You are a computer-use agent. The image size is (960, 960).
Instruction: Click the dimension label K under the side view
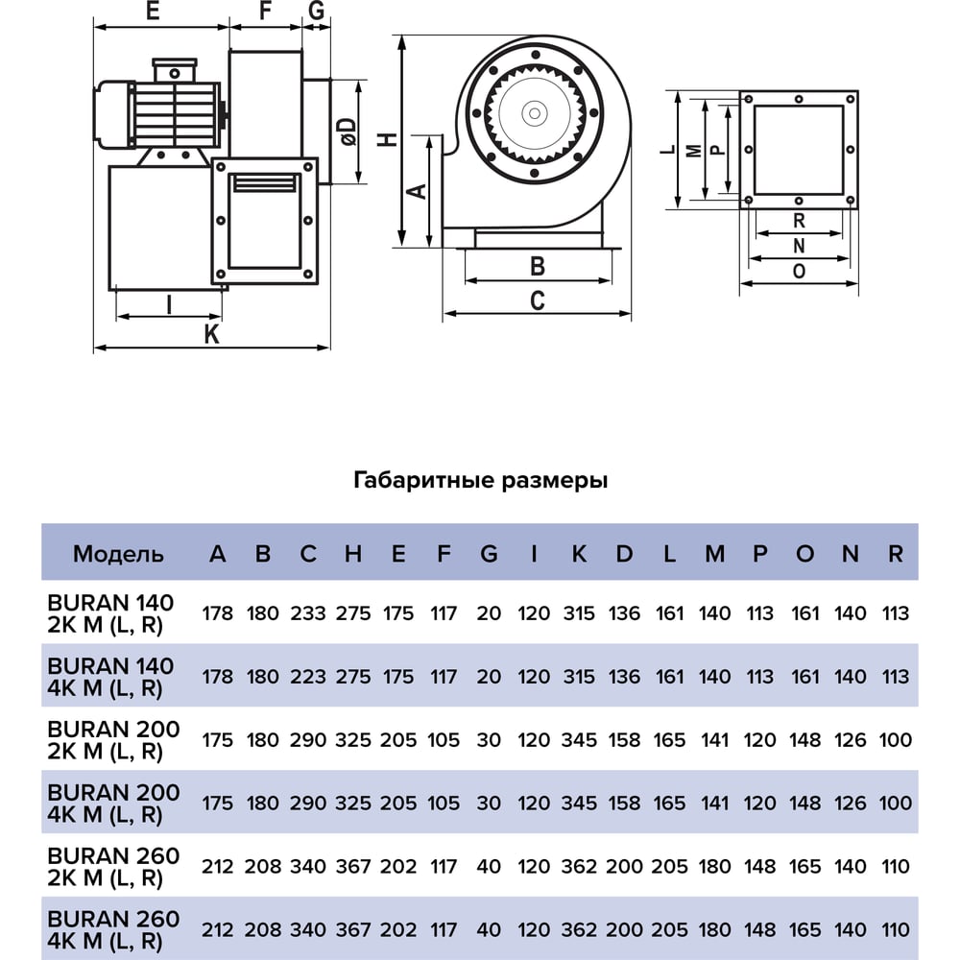[x=212, y=334]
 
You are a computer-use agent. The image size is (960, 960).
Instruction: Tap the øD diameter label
[x=348, y=132]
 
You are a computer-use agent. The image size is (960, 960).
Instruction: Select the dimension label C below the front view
[x=537, y=300]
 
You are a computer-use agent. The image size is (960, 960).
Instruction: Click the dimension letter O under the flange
[x=799, y=272]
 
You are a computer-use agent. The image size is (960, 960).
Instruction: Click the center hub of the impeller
[x=535, y=113]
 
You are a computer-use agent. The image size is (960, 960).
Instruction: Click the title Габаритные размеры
[x=481, y=480]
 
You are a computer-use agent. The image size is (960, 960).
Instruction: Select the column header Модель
[x=118, y=554]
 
